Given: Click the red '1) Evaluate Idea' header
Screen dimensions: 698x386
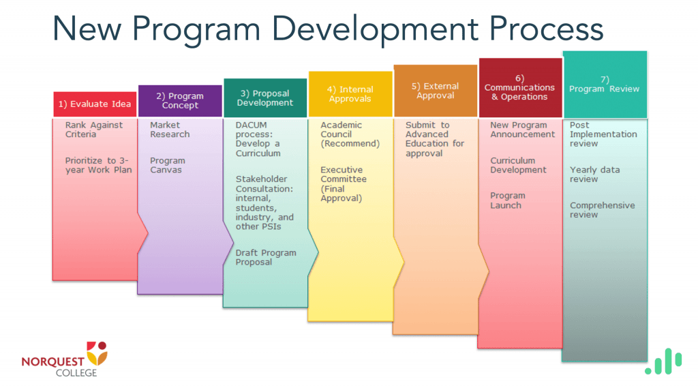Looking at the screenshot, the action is (95, 104).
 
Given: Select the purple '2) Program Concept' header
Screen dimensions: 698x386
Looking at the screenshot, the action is (180, 101).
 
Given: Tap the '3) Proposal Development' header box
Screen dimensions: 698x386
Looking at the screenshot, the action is (265, 98).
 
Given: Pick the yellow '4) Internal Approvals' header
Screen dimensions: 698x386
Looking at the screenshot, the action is (350, 94).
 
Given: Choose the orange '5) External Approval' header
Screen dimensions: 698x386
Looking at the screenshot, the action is (436, 91).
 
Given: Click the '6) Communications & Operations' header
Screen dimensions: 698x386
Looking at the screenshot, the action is (520, 88).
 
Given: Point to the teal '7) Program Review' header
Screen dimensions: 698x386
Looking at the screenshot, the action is (605, 85).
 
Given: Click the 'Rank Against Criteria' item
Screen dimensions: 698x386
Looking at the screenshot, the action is (94, 130).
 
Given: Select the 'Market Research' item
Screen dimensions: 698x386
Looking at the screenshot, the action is (170, 130).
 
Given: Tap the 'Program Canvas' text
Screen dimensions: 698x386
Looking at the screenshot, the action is (168, 165).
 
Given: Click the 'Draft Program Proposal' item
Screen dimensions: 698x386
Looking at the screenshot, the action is (266, 257).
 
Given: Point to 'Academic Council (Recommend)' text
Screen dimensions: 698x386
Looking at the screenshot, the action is (350, 134).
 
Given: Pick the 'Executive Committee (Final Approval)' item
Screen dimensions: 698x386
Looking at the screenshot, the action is (344, 184).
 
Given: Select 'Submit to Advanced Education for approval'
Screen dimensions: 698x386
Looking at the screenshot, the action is (434, 139).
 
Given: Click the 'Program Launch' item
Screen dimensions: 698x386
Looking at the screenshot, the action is (507, 201).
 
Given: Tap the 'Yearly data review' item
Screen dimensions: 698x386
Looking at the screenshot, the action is (594, 175).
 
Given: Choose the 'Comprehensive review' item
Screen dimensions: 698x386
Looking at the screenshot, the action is (603, 209).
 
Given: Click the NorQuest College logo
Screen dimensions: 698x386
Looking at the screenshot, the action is (65, 359).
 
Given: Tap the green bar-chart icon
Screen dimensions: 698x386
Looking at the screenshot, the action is (663, 361).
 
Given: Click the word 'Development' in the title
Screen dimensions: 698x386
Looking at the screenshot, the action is (374, 29).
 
